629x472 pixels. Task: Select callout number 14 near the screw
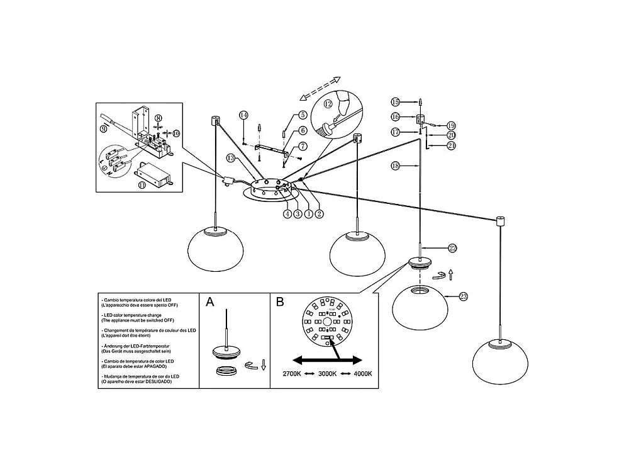(x=243, y=115)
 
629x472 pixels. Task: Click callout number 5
(x=303, y=115)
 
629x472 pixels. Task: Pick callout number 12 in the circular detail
(x=328, y=104)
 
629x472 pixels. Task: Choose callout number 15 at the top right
(x=395, y=102)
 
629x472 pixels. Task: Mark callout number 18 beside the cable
(x=395, y=166)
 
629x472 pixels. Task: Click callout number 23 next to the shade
(x=464, y=296)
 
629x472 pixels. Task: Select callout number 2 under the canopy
(x=319, y=213)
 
